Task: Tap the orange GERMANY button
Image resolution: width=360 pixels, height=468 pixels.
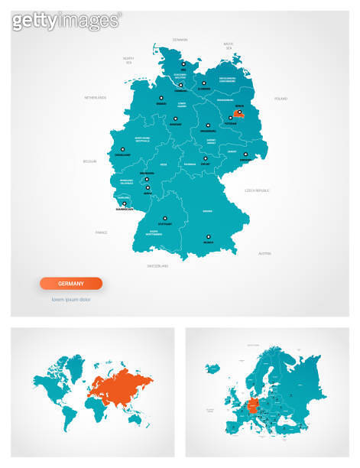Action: [x=71, y=283]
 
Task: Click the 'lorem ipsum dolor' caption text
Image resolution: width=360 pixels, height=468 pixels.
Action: [x=71, y=299]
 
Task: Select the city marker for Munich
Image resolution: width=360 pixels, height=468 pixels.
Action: [x=208, y=237]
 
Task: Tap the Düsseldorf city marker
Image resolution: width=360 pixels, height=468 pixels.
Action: [x=122, y=149]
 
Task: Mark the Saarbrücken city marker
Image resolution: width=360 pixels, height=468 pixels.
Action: [x=124, y=204]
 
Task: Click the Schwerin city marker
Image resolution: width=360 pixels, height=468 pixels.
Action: [x=206, y=82]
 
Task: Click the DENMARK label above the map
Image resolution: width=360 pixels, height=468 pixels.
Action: [x=180, y=40]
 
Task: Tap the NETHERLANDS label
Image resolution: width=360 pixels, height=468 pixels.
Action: [x=96, y=98]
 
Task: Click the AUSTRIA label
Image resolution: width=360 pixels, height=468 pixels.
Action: [x=264, y=252]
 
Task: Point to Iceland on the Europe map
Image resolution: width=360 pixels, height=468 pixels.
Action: [x=210, y=368]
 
